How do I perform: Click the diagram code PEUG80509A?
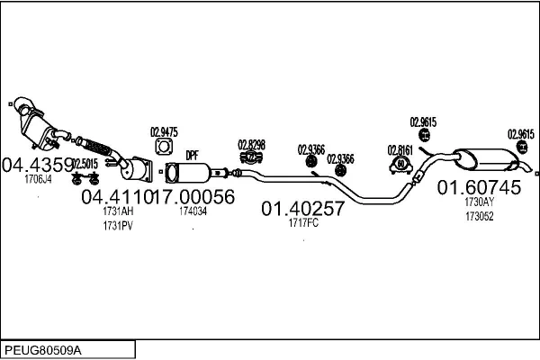pos(42,351)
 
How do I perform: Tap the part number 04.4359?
pos(37,165)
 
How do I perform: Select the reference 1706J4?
pos(38,179)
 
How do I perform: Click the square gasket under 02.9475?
pos(164,147)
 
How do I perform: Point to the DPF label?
pos(193,156)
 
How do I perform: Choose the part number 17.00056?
pos(193,197)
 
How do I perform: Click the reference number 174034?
pos(193,211)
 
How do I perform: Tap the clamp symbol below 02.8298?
pos(251,157)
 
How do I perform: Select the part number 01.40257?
pos(302,209)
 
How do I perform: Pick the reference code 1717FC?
pos(303,223)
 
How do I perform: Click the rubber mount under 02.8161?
pos(400,165)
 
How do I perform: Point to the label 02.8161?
pos(400,150)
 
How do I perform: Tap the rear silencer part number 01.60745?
pos(479,188)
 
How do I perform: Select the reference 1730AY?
pos(480,202)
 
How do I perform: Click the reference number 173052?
pos(480,216)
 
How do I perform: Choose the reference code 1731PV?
pos(118,226)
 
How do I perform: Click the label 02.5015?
pos(85,164)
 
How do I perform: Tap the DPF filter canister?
pos(188,173)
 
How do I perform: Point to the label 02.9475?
pos(164,132)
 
